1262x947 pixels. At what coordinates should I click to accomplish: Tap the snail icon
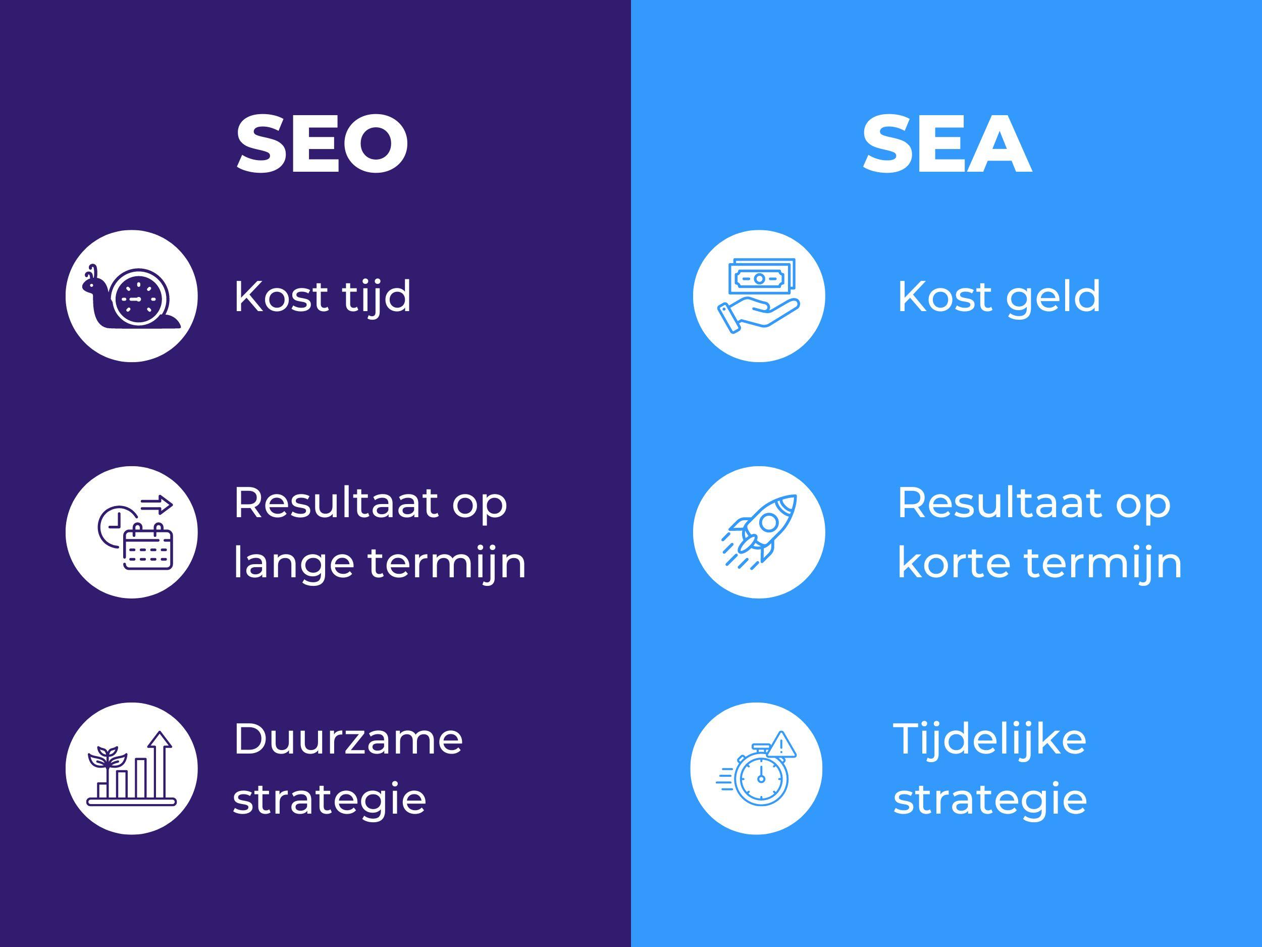pos(132,297)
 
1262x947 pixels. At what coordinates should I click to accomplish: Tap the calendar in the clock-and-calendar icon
pos(148,546)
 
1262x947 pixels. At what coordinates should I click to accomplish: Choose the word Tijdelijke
pos(990,740)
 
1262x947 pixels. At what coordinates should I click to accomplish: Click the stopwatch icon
pos(761,776)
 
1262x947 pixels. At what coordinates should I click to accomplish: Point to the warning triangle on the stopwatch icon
pos(781,745)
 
